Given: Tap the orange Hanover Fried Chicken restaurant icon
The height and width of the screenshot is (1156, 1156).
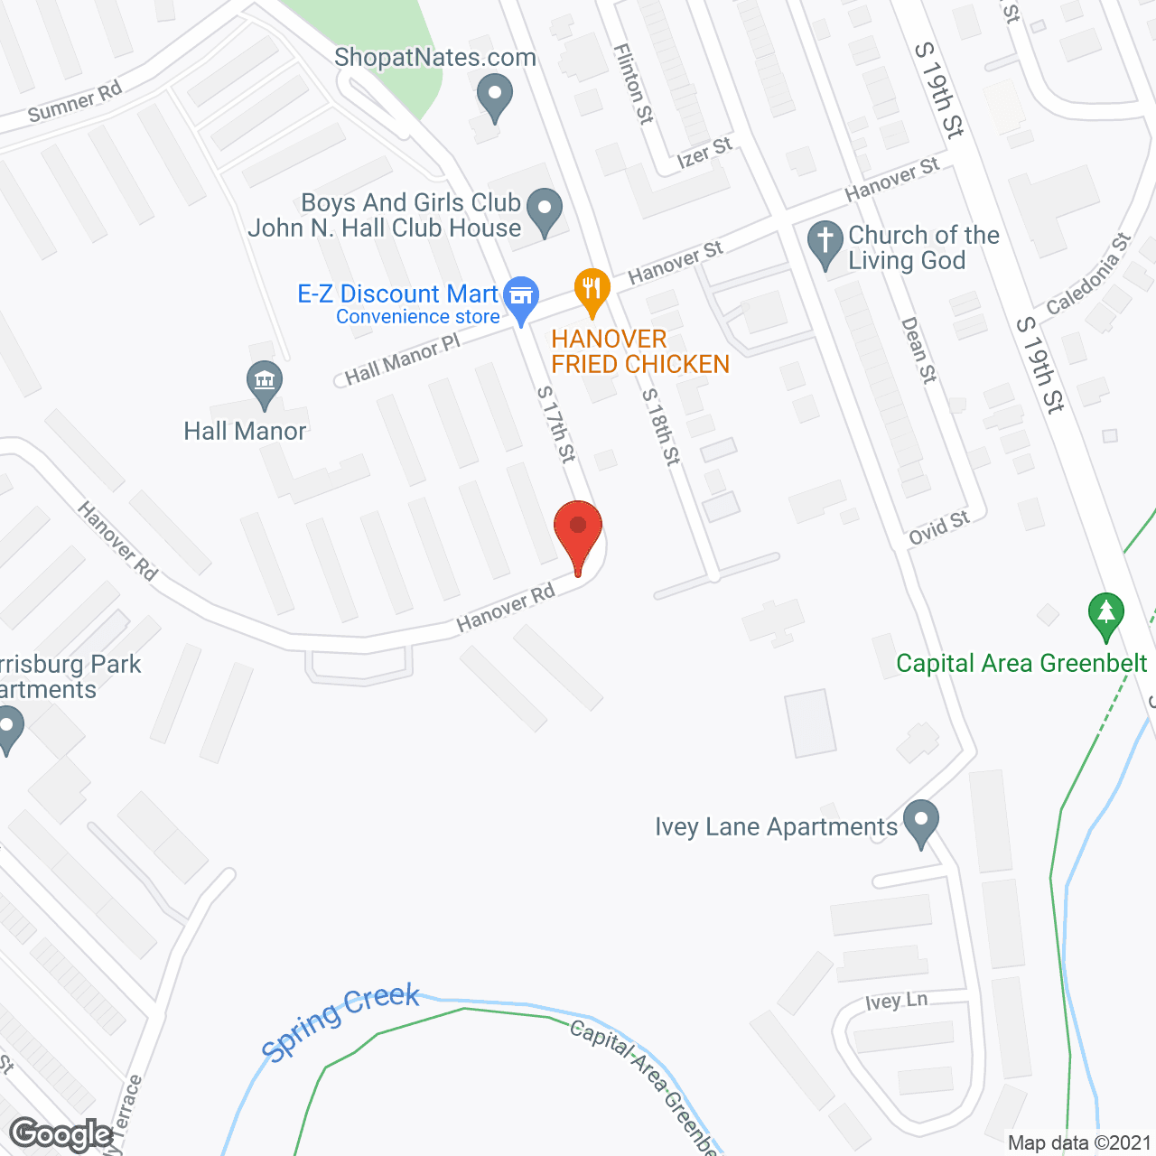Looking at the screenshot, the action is tap(592, 291).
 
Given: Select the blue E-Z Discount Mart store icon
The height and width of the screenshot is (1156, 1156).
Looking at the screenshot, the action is tap(521, 297).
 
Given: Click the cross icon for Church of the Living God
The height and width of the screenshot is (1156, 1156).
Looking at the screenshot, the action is tap(825, 244).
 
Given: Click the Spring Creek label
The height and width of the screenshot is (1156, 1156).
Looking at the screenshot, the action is tap(340, 1021).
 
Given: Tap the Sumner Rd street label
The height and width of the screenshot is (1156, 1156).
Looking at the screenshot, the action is tap(75, 103).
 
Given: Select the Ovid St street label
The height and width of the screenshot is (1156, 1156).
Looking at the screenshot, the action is tap(939, 527).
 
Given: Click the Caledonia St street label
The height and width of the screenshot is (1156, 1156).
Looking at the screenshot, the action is tap(1088, 275).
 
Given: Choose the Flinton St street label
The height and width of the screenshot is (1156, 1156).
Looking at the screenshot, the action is tap(633, 83).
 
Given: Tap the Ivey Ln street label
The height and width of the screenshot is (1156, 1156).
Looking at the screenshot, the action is tap(896, 1001).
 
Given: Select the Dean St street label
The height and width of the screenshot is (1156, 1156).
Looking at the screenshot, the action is tap(918, 350).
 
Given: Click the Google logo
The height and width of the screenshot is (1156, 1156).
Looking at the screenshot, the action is tap(61, 1134).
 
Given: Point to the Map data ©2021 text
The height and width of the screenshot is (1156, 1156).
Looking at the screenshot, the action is tap(1079, 1143).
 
